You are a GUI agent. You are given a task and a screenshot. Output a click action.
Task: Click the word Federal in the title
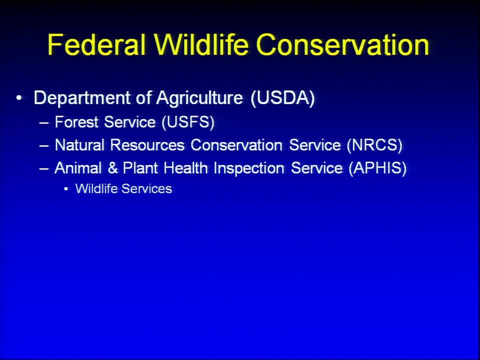point(96,44)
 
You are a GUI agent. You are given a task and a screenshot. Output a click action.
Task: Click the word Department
point(82,98)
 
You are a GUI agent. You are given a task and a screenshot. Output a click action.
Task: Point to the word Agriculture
point(199,98)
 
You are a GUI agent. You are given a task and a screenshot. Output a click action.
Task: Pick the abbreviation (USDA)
point(282,98)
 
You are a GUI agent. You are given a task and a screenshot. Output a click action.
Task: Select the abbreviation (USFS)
point(188,122)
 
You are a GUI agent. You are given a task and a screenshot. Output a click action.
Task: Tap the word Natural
point(79,145)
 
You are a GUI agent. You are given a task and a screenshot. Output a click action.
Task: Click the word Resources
point(147,145)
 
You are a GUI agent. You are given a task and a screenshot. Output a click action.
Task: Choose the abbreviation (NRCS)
point(374,145)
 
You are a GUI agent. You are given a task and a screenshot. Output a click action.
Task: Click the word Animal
point(78,168)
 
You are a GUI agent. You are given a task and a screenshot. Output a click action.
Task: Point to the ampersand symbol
point(112,168)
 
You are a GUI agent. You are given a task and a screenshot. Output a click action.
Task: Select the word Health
point(185,168)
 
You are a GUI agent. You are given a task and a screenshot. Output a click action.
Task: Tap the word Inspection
point(249,168)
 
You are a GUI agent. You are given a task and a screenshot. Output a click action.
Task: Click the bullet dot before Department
point(19,98)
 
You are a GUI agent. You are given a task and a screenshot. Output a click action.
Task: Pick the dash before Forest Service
point(44,123)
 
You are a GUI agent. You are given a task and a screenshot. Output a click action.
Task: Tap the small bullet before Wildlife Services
point(66,189)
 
